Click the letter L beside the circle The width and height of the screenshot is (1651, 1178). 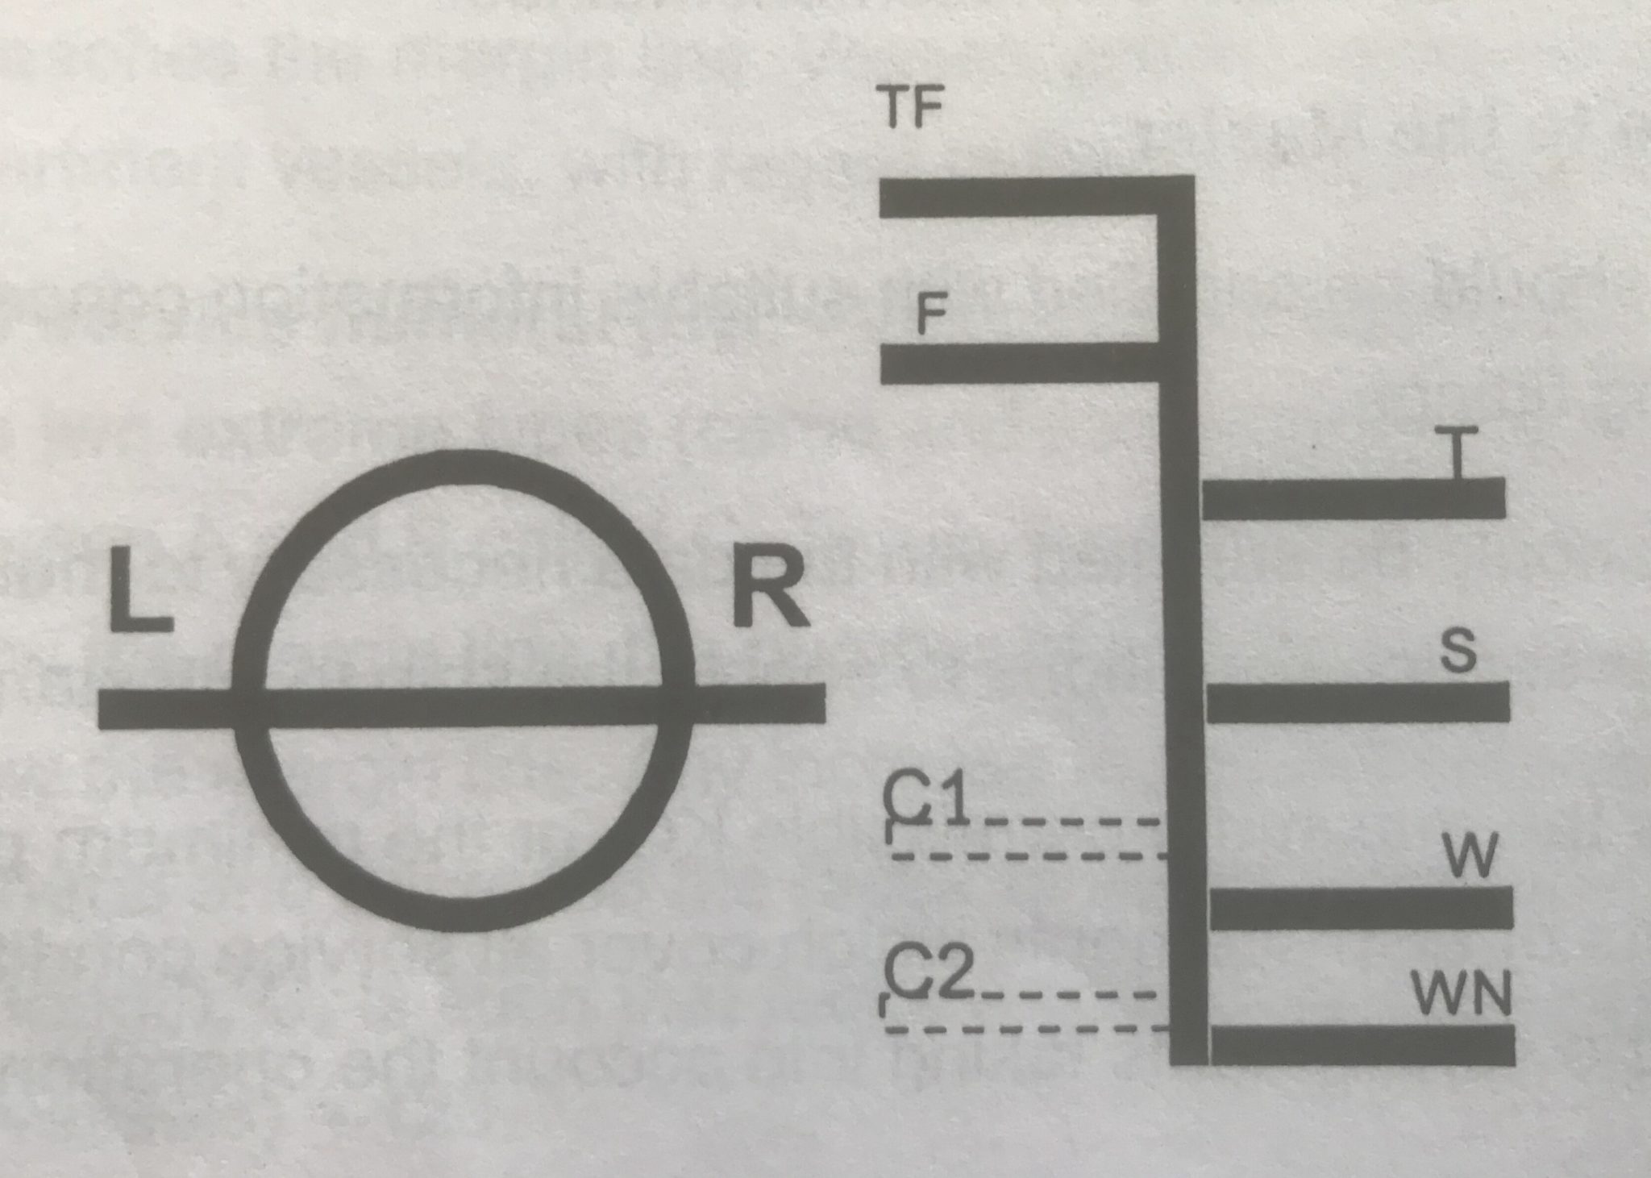tap(139, 589)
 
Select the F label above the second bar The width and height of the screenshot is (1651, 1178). tap(931, 315)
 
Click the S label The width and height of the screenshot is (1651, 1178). tap(1458, 651)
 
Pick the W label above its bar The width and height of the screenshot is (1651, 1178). tap(1470, 856)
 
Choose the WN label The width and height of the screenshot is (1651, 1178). tap(1462, 994)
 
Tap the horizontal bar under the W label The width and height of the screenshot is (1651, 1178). tap(1362, 908)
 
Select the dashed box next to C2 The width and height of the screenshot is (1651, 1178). tap(1024, 1013)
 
